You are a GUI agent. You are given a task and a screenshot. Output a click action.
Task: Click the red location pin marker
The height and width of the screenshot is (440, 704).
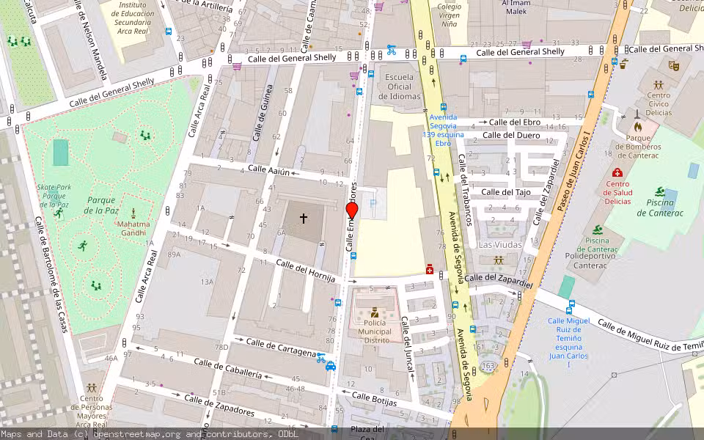point(352,211)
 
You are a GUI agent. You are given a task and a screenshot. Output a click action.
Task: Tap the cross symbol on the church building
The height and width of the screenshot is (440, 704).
point(303,218)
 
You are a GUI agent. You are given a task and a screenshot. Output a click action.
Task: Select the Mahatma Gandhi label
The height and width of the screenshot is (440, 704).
point(133,229)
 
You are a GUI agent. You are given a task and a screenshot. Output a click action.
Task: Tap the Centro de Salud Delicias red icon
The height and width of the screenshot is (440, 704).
point(617,173)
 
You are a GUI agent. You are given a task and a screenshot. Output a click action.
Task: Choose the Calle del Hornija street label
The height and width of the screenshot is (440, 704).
point(306,270)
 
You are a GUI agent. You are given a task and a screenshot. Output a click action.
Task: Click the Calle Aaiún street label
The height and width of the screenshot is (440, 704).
point(269,169)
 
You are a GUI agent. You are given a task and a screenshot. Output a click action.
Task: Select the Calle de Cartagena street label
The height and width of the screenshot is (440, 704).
point(280,347)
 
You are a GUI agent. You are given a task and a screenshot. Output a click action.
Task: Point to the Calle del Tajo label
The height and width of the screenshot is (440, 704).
point(505,192)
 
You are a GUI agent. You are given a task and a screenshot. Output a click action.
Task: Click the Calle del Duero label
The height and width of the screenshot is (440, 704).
point(511,135)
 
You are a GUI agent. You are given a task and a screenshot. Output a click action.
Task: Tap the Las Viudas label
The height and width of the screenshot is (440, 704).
point(500,244)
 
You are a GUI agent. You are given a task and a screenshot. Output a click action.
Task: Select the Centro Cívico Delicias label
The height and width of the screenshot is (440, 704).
point(658,104)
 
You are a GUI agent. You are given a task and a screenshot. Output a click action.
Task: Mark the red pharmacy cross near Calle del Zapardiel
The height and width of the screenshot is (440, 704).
point(430,270)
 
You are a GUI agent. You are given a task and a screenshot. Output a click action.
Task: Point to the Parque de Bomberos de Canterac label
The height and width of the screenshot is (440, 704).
point(638,146)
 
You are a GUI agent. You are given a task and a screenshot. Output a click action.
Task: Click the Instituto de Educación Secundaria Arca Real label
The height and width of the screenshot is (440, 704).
point(138,18)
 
